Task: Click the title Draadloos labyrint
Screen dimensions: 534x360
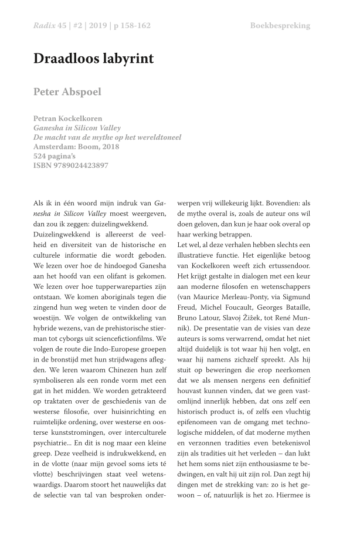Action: click(x=93, y=59)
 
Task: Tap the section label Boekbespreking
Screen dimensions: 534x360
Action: click(x=280, y=26)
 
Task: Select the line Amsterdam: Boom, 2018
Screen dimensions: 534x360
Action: click(x=76, y=147)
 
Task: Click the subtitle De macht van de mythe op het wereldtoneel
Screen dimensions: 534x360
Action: click(x=107, y=137)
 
